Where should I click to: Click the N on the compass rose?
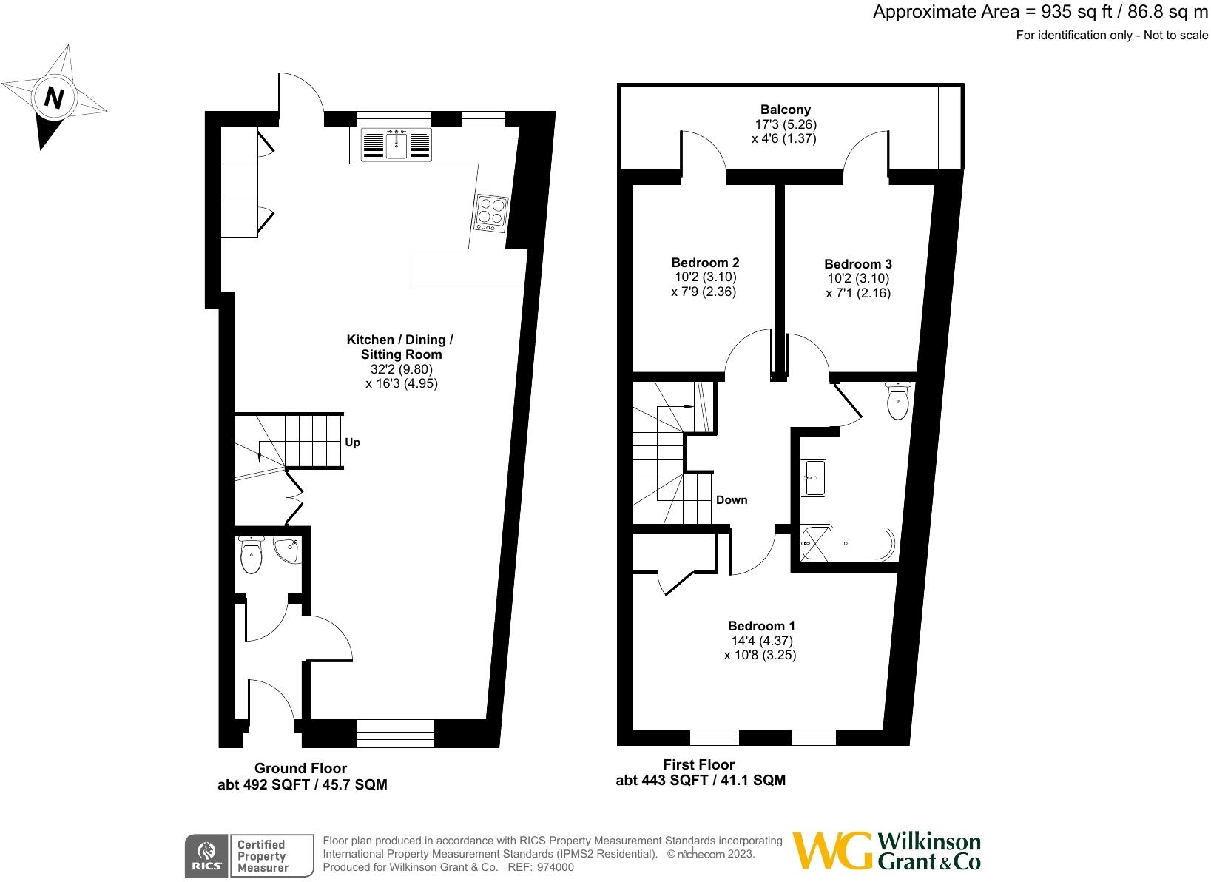pos(53,98)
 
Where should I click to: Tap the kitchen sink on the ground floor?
pos(397,144)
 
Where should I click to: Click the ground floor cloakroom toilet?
pos(252,557)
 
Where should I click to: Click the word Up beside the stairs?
pos(352,442)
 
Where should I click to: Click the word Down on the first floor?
pos(731,500)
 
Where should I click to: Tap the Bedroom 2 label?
pos(705,263)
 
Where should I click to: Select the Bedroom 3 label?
pos(857,264)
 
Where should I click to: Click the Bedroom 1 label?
pos(761,626)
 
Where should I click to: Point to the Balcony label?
pos(786,110)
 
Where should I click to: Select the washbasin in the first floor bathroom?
pos(814,477)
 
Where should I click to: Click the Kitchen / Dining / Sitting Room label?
pos(400,347)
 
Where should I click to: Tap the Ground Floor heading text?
pos(300,768)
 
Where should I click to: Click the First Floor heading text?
pos(698,764)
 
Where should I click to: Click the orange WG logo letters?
pos(831,851)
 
